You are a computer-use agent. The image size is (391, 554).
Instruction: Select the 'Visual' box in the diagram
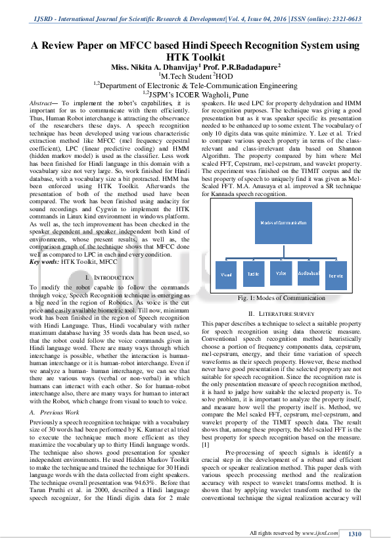(226, 274)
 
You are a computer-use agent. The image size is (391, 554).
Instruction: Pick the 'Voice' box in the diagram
(281, 273)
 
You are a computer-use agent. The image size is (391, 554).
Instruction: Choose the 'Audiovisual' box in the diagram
(308, 273)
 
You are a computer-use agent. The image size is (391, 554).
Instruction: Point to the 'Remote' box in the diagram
(336, 274)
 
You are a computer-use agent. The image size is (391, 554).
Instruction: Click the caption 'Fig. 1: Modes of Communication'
(281, 298)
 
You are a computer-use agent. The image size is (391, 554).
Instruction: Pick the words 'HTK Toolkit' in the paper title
(195, 57)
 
